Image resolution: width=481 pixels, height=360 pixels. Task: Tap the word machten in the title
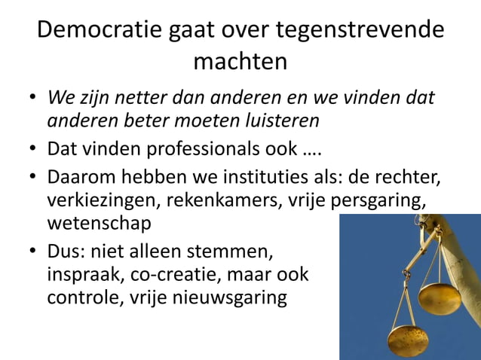click(240, 60)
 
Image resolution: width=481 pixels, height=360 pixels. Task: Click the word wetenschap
click(98, 224)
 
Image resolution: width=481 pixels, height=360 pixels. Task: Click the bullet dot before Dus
click(32, 250)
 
